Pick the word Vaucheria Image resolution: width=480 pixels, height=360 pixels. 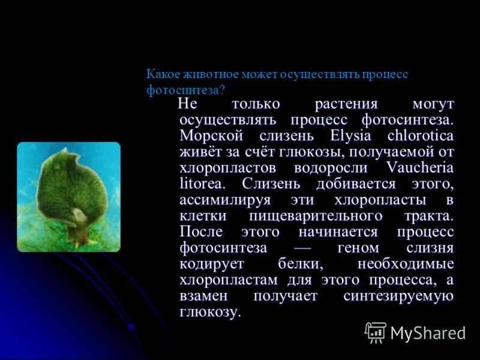click(x=420, y=167)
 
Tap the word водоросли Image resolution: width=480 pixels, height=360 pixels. click(x=333, y=167)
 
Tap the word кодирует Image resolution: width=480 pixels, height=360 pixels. click(x=208, y=264)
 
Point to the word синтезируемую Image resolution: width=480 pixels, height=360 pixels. click(x=398, y=296)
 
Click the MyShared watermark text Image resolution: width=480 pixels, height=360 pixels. click(x=427, y=332)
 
